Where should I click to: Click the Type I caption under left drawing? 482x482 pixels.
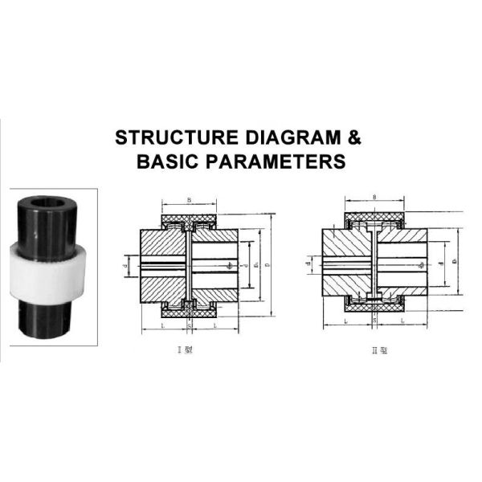[x=190, y=348]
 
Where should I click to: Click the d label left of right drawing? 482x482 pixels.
[x=308, y=261]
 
